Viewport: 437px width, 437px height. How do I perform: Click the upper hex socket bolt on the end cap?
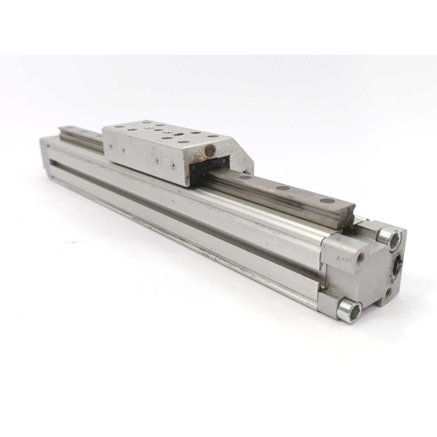pyautogui.click(x=388, y=236)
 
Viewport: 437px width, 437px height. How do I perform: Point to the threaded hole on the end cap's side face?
pyautogui.click(x=362, y=257)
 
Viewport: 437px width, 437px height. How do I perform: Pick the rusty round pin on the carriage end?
pyautogui.click(x=209, y=149)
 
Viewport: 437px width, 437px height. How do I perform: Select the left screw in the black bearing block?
pyautogui.click(x=195, y=168)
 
